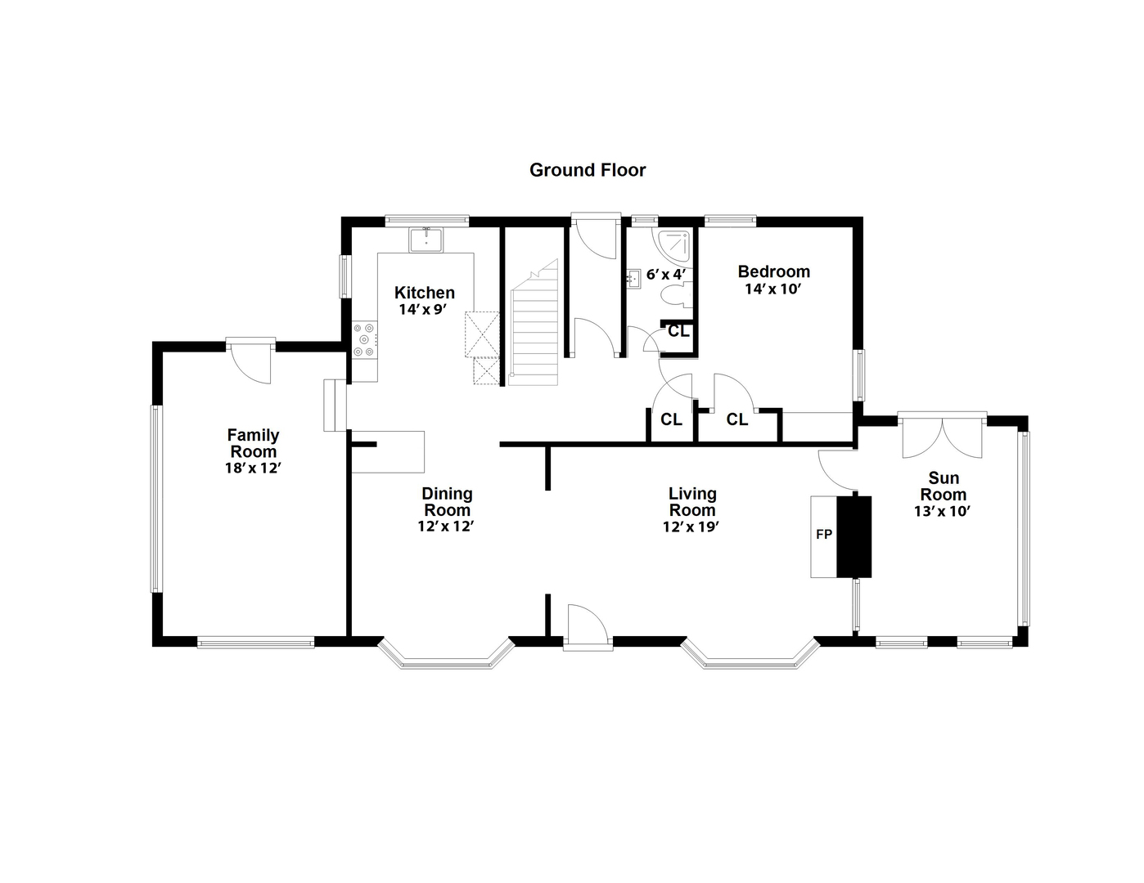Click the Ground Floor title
[588, 170]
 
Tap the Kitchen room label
[424, 293]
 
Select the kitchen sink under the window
[426, 240]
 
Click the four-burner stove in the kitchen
[364, 340]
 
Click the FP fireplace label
[823, 535]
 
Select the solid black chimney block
[854, 536]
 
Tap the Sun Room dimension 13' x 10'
[943, 512]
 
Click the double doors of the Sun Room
[943, 438]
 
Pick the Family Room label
[253, 443]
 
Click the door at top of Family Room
[251, 360]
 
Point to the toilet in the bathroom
[678, 295]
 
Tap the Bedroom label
[773, 271]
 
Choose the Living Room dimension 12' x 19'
[691, 527]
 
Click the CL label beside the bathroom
[678, 331]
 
